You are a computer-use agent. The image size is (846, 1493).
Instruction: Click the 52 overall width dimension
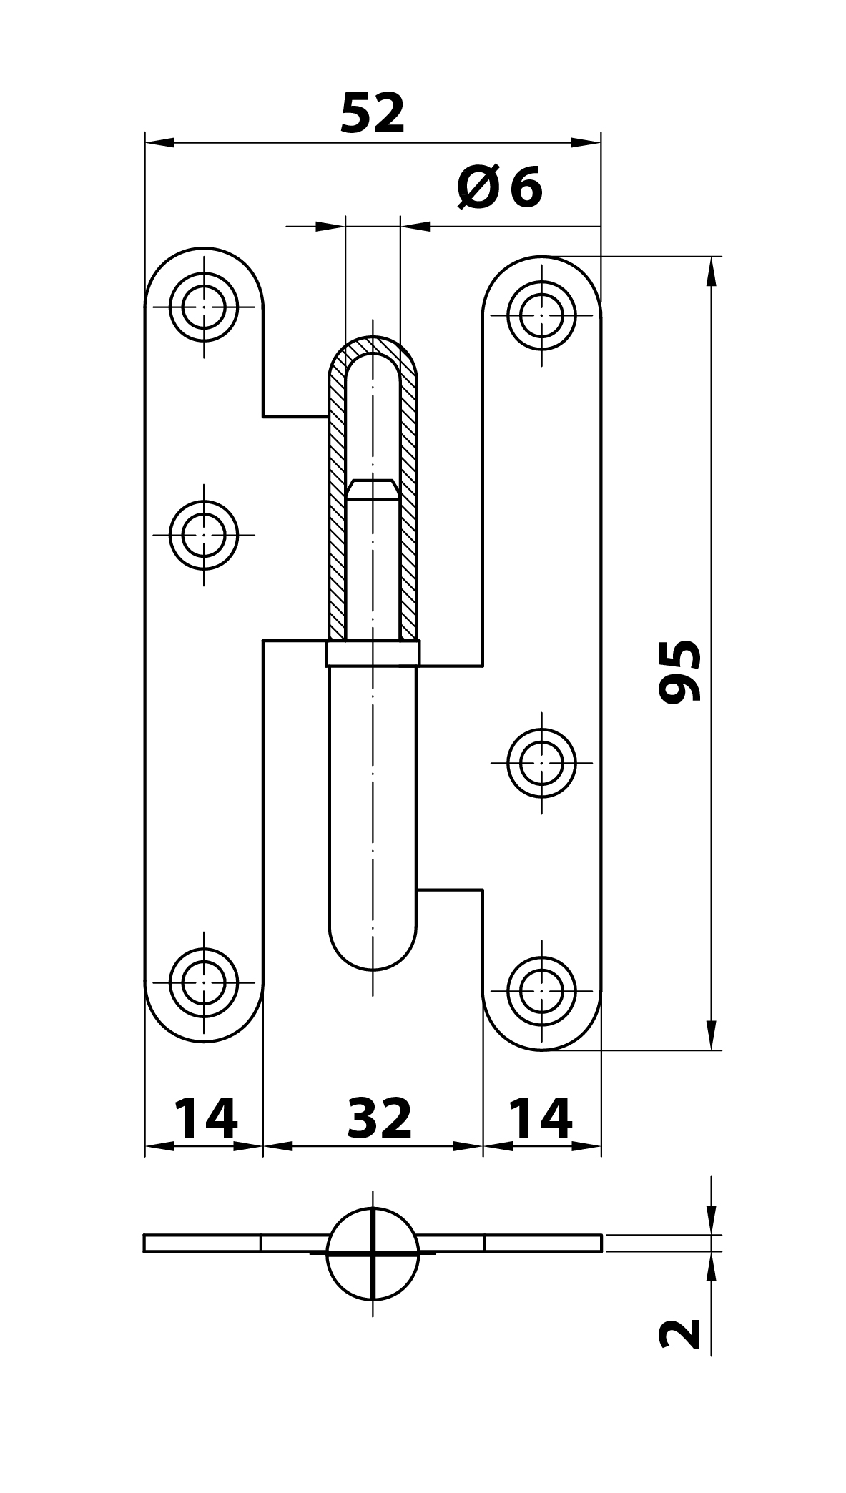373,114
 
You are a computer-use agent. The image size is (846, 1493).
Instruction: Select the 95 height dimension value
680,672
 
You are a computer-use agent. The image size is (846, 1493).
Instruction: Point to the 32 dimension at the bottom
380,1119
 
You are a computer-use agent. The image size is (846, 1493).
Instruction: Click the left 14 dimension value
205,1119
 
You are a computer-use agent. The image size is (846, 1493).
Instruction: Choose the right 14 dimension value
541,1119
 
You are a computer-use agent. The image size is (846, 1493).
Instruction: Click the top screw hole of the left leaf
204,307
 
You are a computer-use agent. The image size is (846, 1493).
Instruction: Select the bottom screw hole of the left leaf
204,982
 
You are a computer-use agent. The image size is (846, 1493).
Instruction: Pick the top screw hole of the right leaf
541,315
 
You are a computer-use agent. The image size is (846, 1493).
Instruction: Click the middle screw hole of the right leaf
541,763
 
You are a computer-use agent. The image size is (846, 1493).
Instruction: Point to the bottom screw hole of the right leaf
541,991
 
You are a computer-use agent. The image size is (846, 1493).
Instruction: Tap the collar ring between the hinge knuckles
373,654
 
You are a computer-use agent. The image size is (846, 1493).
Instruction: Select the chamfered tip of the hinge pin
373,490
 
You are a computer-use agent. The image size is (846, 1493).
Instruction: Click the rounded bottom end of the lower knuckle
373,951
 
